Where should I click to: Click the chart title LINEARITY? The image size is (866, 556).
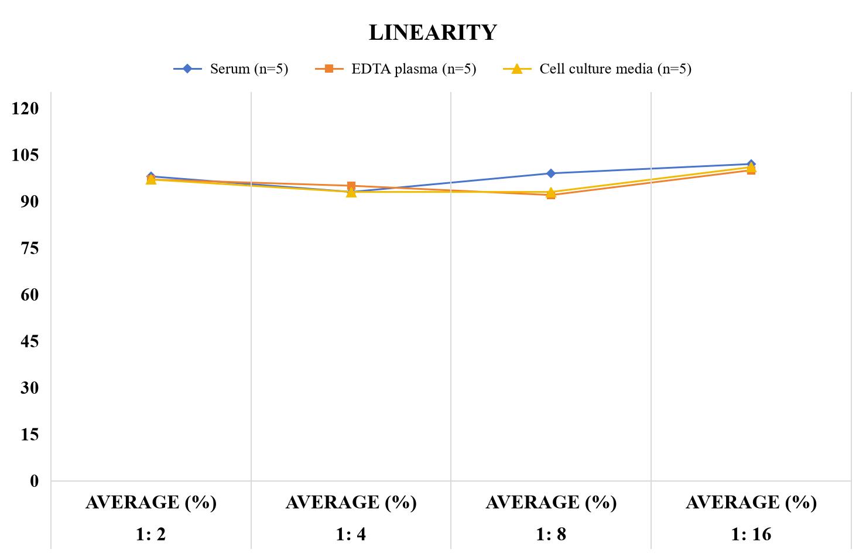[433, 32]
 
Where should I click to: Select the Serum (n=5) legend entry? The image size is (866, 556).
[231, 69]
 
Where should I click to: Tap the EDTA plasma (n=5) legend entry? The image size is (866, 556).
[395, 69]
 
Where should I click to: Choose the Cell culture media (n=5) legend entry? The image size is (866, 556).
[597, 69]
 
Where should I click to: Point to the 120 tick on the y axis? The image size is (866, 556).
[25, 108]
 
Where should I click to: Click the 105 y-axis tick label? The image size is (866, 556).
[25, 155]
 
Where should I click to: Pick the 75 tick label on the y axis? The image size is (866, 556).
[30, 248]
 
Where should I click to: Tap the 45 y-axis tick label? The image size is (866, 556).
[30, 341]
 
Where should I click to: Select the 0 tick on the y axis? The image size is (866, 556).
[35, 481]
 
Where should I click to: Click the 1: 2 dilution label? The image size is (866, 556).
[151, 534]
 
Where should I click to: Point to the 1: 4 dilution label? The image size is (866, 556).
[351, 534]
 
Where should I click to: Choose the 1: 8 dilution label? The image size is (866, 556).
[551, 534]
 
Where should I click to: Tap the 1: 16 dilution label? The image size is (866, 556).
[751, 534]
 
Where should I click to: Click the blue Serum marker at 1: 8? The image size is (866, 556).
[551, 173]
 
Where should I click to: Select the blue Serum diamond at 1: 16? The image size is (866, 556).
[751, 164]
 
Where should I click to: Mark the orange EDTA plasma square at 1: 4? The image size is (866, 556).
[351, 186]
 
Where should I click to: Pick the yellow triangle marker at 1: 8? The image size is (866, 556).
[551, 192]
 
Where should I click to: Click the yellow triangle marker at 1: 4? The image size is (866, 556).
[351, 192]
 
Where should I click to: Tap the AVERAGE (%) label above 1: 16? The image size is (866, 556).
[751, 503]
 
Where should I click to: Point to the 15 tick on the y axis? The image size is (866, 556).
[30, 435]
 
